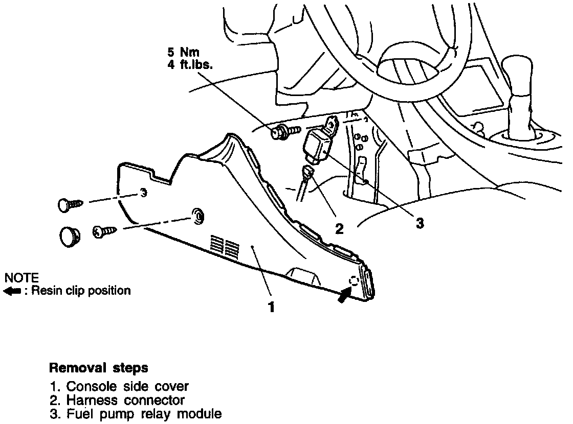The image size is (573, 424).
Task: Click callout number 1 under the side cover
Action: [271, 308]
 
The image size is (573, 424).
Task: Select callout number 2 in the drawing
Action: [339, 228]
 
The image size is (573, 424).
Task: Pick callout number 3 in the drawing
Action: [420, 223]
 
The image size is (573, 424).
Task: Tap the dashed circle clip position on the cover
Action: [354, 280]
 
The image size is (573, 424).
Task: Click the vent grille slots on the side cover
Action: [224, 245]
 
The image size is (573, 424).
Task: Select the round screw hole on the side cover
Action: [197, 217]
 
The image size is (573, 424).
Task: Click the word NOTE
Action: [21, 278]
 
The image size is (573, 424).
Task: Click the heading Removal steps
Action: [98, 368]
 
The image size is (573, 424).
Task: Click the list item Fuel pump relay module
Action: [135, 414]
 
